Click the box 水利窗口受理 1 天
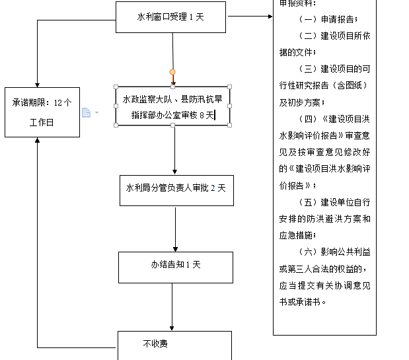[x=170, y=17]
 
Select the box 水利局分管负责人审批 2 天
[x=176, y=188]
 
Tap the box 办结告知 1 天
[x=175, y=265]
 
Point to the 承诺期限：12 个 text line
[x=42, y=102]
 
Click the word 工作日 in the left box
[x=42, y=123]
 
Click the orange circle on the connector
[x=172, y=72]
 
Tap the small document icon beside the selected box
[x=86, y=113]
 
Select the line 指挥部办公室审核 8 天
[x=172, y=115]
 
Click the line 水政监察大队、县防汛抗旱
[x=172, y=99]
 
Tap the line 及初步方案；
[x=301, y=102]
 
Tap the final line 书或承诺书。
[x=303, y=302]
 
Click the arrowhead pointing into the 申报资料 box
[x=270, y=16]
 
